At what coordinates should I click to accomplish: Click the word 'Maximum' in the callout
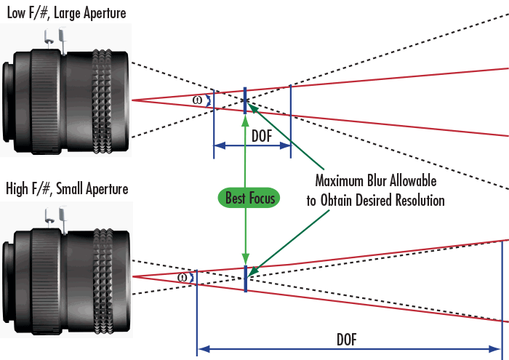pos(337,179)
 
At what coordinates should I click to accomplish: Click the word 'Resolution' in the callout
pos(418,199)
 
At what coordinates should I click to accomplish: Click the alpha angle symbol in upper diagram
pos(198,100)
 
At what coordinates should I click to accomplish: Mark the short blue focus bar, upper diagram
pos(246,100)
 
